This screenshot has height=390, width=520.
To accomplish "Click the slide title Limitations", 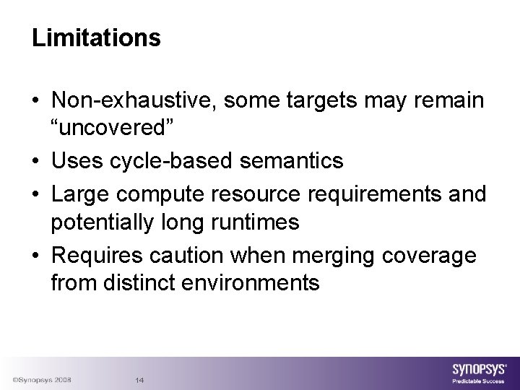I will (x=96, y=38).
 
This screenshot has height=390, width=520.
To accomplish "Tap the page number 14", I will (x=140, y=379).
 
